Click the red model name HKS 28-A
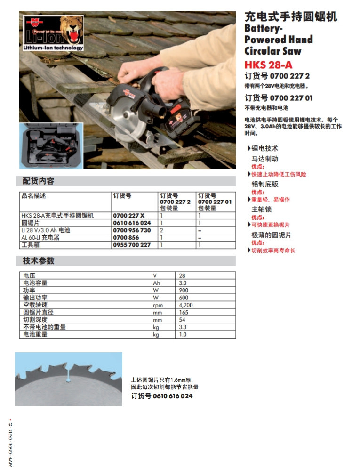coord(268,65)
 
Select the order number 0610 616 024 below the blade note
coord(161,396)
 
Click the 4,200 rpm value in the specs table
coord(186,305)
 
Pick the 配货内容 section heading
coord(38,181)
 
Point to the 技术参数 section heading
coord(38,261)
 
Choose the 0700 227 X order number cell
coord(129,216)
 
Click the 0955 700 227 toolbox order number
coord(132,245)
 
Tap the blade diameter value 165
coord(184,313)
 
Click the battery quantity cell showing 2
coord(161,230)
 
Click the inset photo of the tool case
coord(51,146)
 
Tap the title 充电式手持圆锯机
coord(291,17)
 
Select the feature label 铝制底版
coord(265,184)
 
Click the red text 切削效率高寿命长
coord(273,250)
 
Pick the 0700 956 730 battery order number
coord(132,230)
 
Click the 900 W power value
coord(183,290)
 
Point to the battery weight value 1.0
coord(183,334)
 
